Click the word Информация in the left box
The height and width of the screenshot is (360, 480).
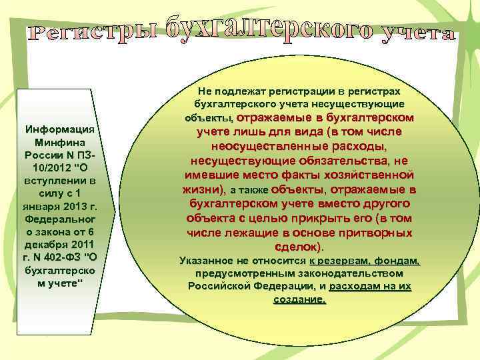click(60, 129)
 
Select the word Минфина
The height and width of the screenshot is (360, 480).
click(60, 142)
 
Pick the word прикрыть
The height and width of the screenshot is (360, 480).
click(319, 219)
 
